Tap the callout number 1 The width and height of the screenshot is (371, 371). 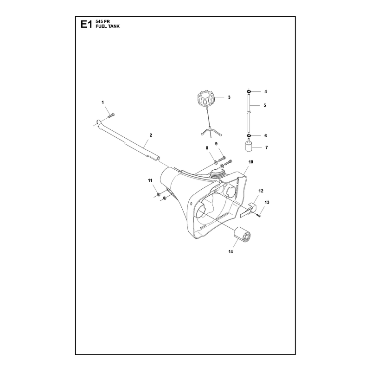[x=102, y=102]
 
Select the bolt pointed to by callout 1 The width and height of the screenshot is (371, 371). [x=112, y=115]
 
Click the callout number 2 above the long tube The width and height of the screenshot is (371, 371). [x=151, y=135]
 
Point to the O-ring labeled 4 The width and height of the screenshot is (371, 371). [x=249, y=91]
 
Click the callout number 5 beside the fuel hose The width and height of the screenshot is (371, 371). [x=264, y=105]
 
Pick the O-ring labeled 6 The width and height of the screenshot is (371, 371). [x=249, y=135]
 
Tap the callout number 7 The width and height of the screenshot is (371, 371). [x=266, y=147]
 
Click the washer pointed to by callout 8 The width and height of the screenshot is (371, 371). [x=216, y=162]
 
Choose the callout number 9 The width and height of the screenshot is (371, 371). [x=216, y=144]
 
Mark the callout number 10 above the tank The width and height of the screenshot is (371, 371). [x=251, y=162]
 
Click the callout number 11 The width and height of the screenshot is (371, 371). [x=150, y=180]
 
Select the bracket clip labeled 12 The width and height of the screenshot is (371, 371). [x=248, y=209]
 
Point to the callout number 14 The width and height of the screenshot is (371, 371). [x=230, y=252]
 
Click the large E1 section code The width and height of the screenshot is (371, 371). [x=86, y=24]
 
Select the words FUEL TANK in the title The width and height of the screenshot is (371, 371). [x=108, y=26]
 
